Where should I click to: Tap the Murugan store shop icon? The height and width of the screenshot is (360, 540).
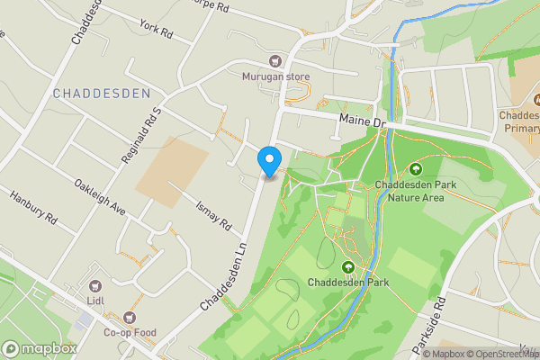coord(274,61)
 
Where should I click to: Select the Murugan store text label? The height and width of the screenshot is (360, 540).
coord(274,77)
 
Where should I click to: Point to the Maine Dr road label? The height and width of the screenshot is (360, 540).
coord(363,119)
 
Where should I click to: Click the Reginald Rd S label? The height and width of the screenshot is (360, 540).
coord(141,136)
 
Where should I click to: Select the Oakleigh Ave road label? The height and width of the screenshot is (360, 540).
coord(99,194)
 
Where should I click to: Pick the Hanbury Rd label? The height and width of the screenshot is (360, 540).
coord(33,207)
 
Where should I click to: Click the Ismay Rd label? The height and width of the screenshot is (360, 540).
coord(214,212)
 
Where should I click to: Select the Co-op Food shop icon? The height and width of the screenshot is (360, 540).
coord(130,317)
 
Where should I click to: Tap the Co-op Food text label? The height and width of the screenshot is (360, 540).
coord(130,332)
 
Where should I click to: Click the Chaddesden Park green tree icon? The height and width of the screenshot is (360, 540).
coord(348,266)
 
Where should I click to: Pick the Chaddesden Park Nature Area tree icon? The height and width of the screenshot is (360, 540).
coord(416,169)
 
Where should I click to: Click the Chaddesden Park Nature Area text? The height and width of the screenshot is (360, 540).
coord(409,192)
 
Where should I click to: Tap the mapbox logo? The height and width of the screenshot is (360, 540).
coord(40,348)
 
